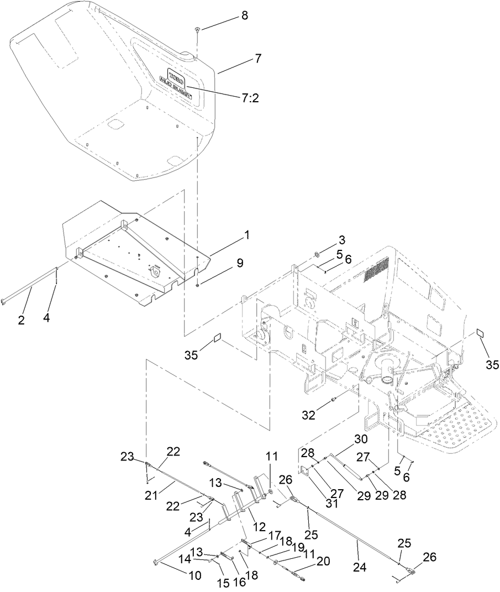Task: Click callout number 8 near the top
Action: [244, 16]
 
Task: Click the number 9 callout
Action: [240, 264]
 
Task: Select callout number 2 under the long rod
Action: [21, 320]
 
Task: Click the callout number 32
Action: [309, 415]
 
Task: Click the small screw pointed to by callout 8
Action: [197, 30]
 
